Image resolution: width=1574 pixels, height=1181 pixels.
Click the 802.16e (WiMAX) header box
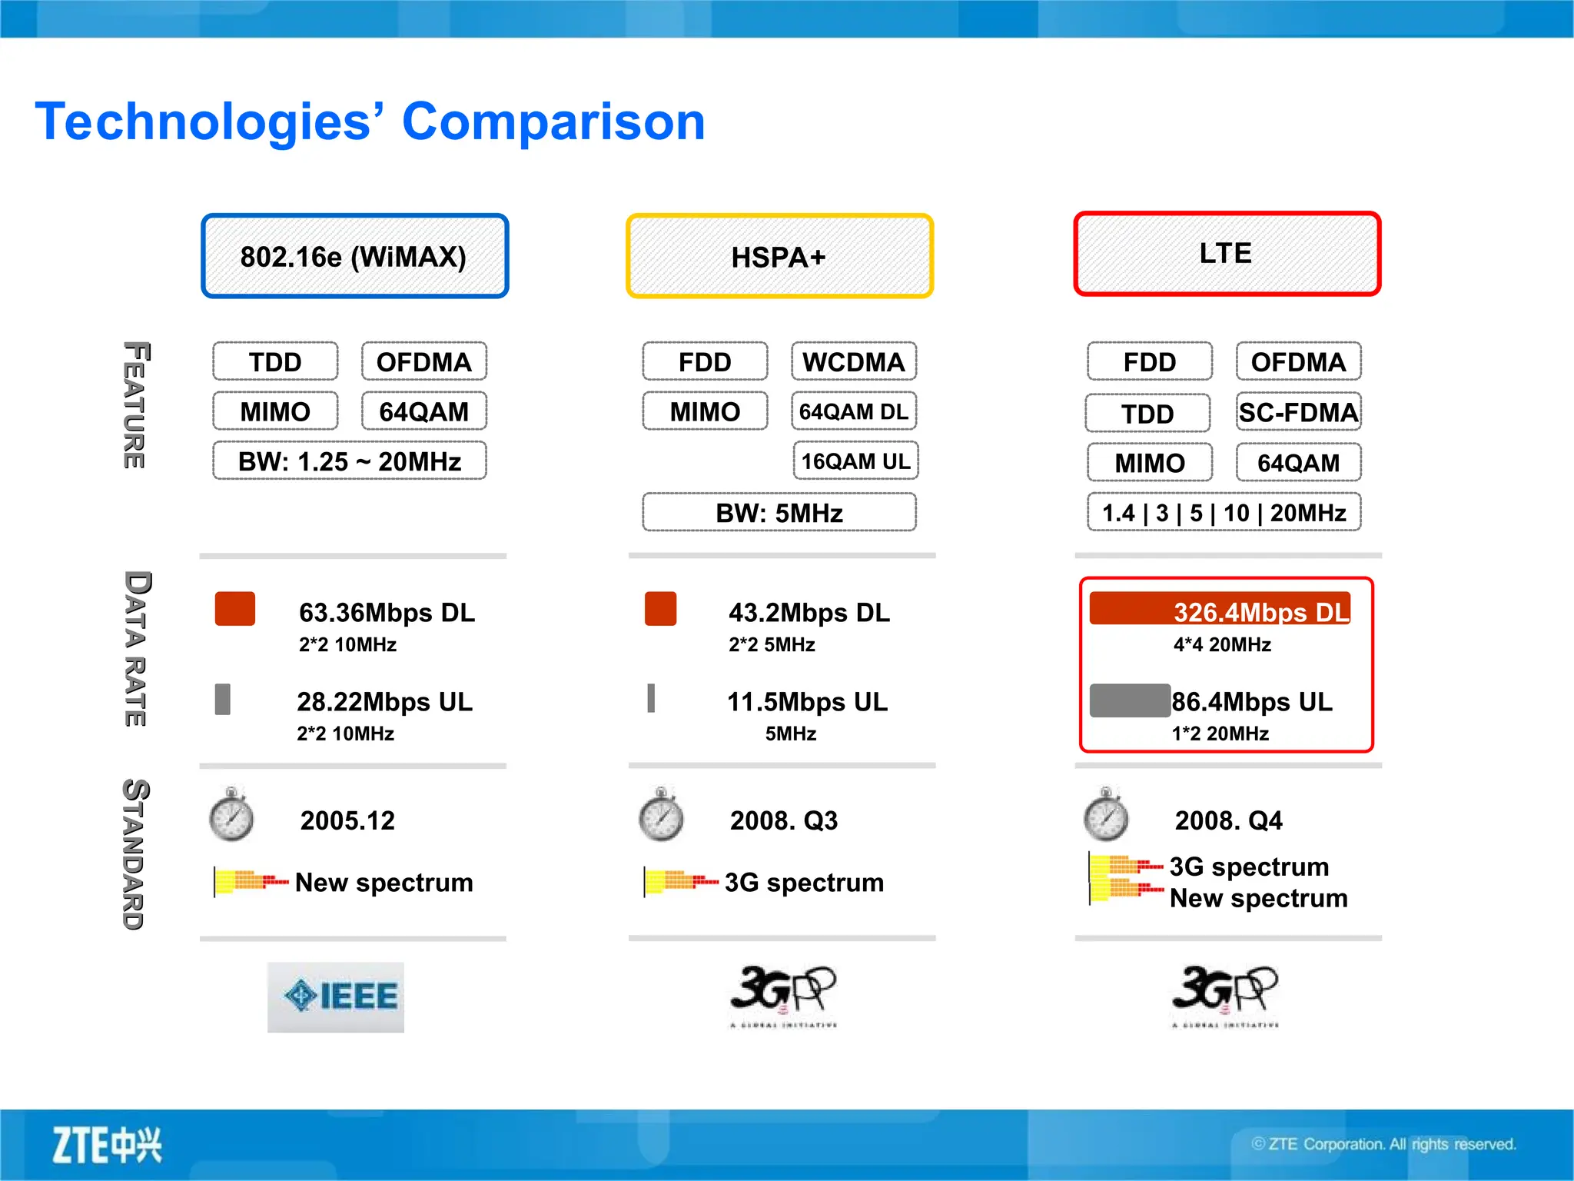tap(354, 256)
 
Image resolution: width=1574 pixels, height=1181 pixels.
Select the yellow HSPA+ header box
tap(779, 256)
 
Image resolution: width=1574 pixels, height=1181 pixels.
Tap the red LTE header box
tap(1227, 254)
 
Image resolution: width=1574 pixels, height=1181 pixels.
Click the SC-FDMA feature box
tap(1298, 413)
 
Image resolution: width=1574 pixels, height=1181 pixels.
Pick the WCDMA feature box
tap(854, 362)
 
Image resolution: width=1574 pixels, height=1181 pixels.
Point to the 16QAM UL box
tap(855, 461)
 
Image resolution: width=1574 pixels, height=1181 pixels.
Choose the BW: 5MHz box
tap(779, 513)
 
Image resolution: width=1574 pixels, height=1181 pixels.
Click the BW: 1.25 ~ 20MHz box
tap(350, 461)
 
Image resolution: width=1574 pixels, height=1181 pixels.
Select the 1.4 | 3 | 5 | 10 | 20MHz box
tap(1224, 513)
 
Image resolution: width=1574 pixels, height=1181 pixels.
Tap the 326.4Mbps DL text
tap(1260, 612)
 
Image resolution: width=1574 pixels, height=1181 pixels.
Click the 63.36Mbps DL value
tap(387, 612)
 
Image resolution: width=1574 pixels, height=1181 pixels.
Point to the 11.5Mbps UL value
tap(807, 701)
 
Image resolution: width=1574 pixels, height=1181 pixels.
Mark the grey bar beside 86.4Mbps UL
tap(1130, 700)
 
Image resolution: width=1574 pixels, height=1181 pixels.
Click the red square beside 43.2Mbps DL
tap(660, 609)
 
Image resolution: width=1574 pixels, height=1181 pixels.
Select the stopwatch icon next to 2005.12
tap(231, 815)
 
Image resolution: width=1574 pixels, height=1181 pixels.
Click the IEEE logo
tap(336, 996)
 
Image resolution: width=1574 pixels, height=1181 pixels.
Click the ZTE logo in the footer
tap(107, 1145)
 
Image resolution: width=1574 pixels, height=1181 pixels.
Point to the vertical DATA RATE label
tap(136, 648)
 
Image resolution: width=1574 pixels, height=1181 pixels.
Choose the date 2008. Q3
tap(783, 820)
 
